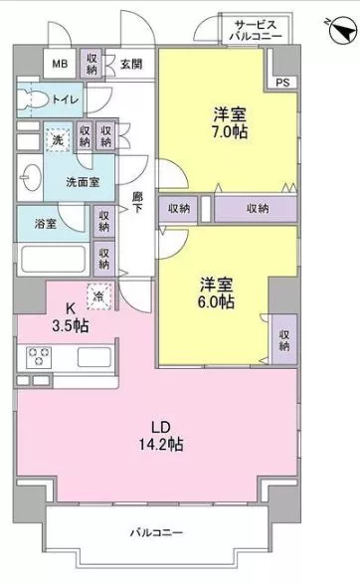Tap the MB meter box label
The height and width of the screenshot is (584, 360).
coord(60,64)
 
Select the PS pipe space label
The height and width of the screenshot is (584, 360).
coord(282,83)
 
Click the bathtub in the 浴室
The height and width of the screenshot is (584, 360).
coord(54,259)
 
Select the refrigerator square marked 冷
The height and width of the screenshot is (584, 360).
coord(99,296)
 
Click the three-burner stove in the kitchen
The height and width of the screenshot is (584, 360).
coord(39,356)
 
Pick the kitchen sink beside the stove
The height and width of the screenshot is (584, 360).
coord(94,357)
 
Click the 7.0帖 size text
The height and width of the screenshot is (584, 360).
coord(230,132)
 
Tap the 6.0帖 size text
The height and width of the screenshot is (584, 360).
coord(216,301)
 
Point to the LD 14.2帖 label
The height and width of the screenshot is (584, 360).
coord(161,436)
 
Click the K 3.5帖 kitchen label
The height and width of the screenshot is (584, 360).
coord(71,317)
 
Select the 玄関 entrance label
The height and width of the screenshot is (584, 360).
coord(131,64)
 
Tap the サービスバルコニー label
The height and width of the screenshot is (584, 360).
coord(256,31)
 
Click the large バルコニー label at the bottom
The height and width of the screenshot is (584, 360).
coord(156,532)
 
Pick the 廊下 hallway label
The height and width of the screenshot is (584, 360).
coord(138,202)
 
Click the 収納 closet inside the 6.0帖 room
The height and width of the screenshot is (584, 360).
coord(284,339)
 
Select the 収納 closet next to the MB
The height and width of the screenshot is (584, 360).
coord(91,64)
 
